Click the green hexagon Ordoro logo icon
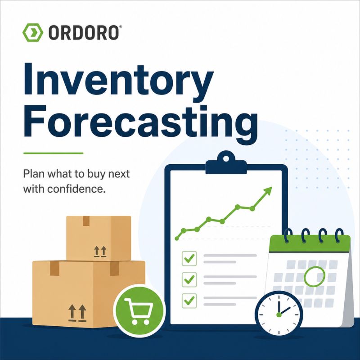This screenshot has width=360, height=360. [x=32, y=32]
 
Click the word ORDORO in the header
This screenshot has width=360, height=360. [x=84, y=32]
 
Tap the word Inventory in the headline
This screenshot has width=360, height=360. [x=119, y=80]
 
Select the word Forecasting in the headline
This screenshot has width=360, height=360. [x=141, y=121]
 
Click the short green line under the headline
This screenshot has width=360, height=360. [x=53, y=153]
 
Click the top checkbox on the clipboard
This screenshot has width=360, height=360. [x=189, y=258]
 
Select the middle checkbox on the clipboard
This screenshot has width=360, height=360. [x=189, y=279]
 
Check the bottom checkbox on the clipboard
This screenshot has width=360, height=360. [x=189, y=301]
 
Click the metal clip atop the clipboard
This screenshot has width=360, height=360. [x=226, y=162]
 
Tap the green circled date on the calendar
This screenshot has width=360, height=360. [x=315, y=276]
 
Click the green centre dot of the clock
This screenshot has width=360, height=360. [x=279, y=315]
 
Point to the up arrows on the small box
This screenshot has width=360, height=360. [x=100, y=252]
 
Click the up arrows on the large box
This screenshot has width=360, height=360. [x=77, y=313]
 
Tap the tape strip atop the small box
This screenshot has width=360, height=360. [x=86, y=221]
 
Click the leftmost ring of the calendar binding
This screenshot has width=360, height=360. [x=288, y=235]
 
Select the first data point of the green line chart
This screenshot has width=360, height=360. [x=177, y=239]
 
